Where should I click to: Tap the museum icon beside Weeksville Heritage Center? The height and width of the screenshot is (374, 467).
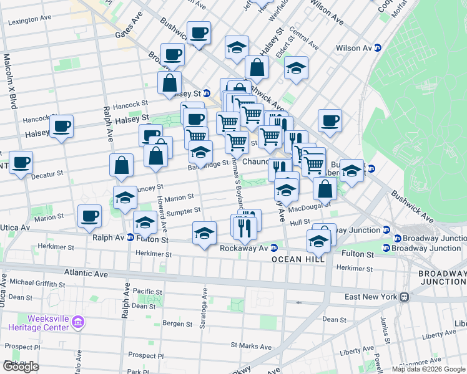click(78, 322)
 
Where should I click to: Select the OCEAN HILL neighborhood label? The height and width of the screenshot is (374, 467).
click(298, 259)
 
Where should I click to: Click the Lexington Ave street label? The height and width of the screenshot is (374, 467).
click(29, 21)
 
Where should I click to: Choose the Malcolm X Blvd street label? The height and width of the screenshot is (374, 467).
click(9, 81)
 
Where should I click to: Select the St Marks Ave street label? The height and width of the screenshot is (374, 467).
click(251, 346)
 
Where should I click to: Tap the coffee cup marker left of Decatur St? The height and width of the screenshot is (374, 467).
click(21, 163)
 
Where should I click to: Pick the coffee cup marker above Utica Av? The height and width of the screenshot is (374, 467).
click(89, 217)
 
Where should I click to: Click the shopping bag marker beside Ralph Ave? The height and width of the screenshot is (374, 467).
click(121, 166)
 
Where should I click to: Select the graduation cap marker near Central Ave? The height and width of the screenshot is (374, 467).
click(297, 69)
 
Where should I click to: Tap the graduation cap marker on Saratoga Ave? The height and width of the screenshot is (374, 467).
click(204, 234)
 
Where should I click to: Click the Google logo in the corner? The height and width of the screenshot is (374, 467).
click(21, 367)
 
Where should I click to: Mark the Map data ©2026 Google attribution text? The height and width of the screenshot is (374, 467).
click(428, 369)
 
